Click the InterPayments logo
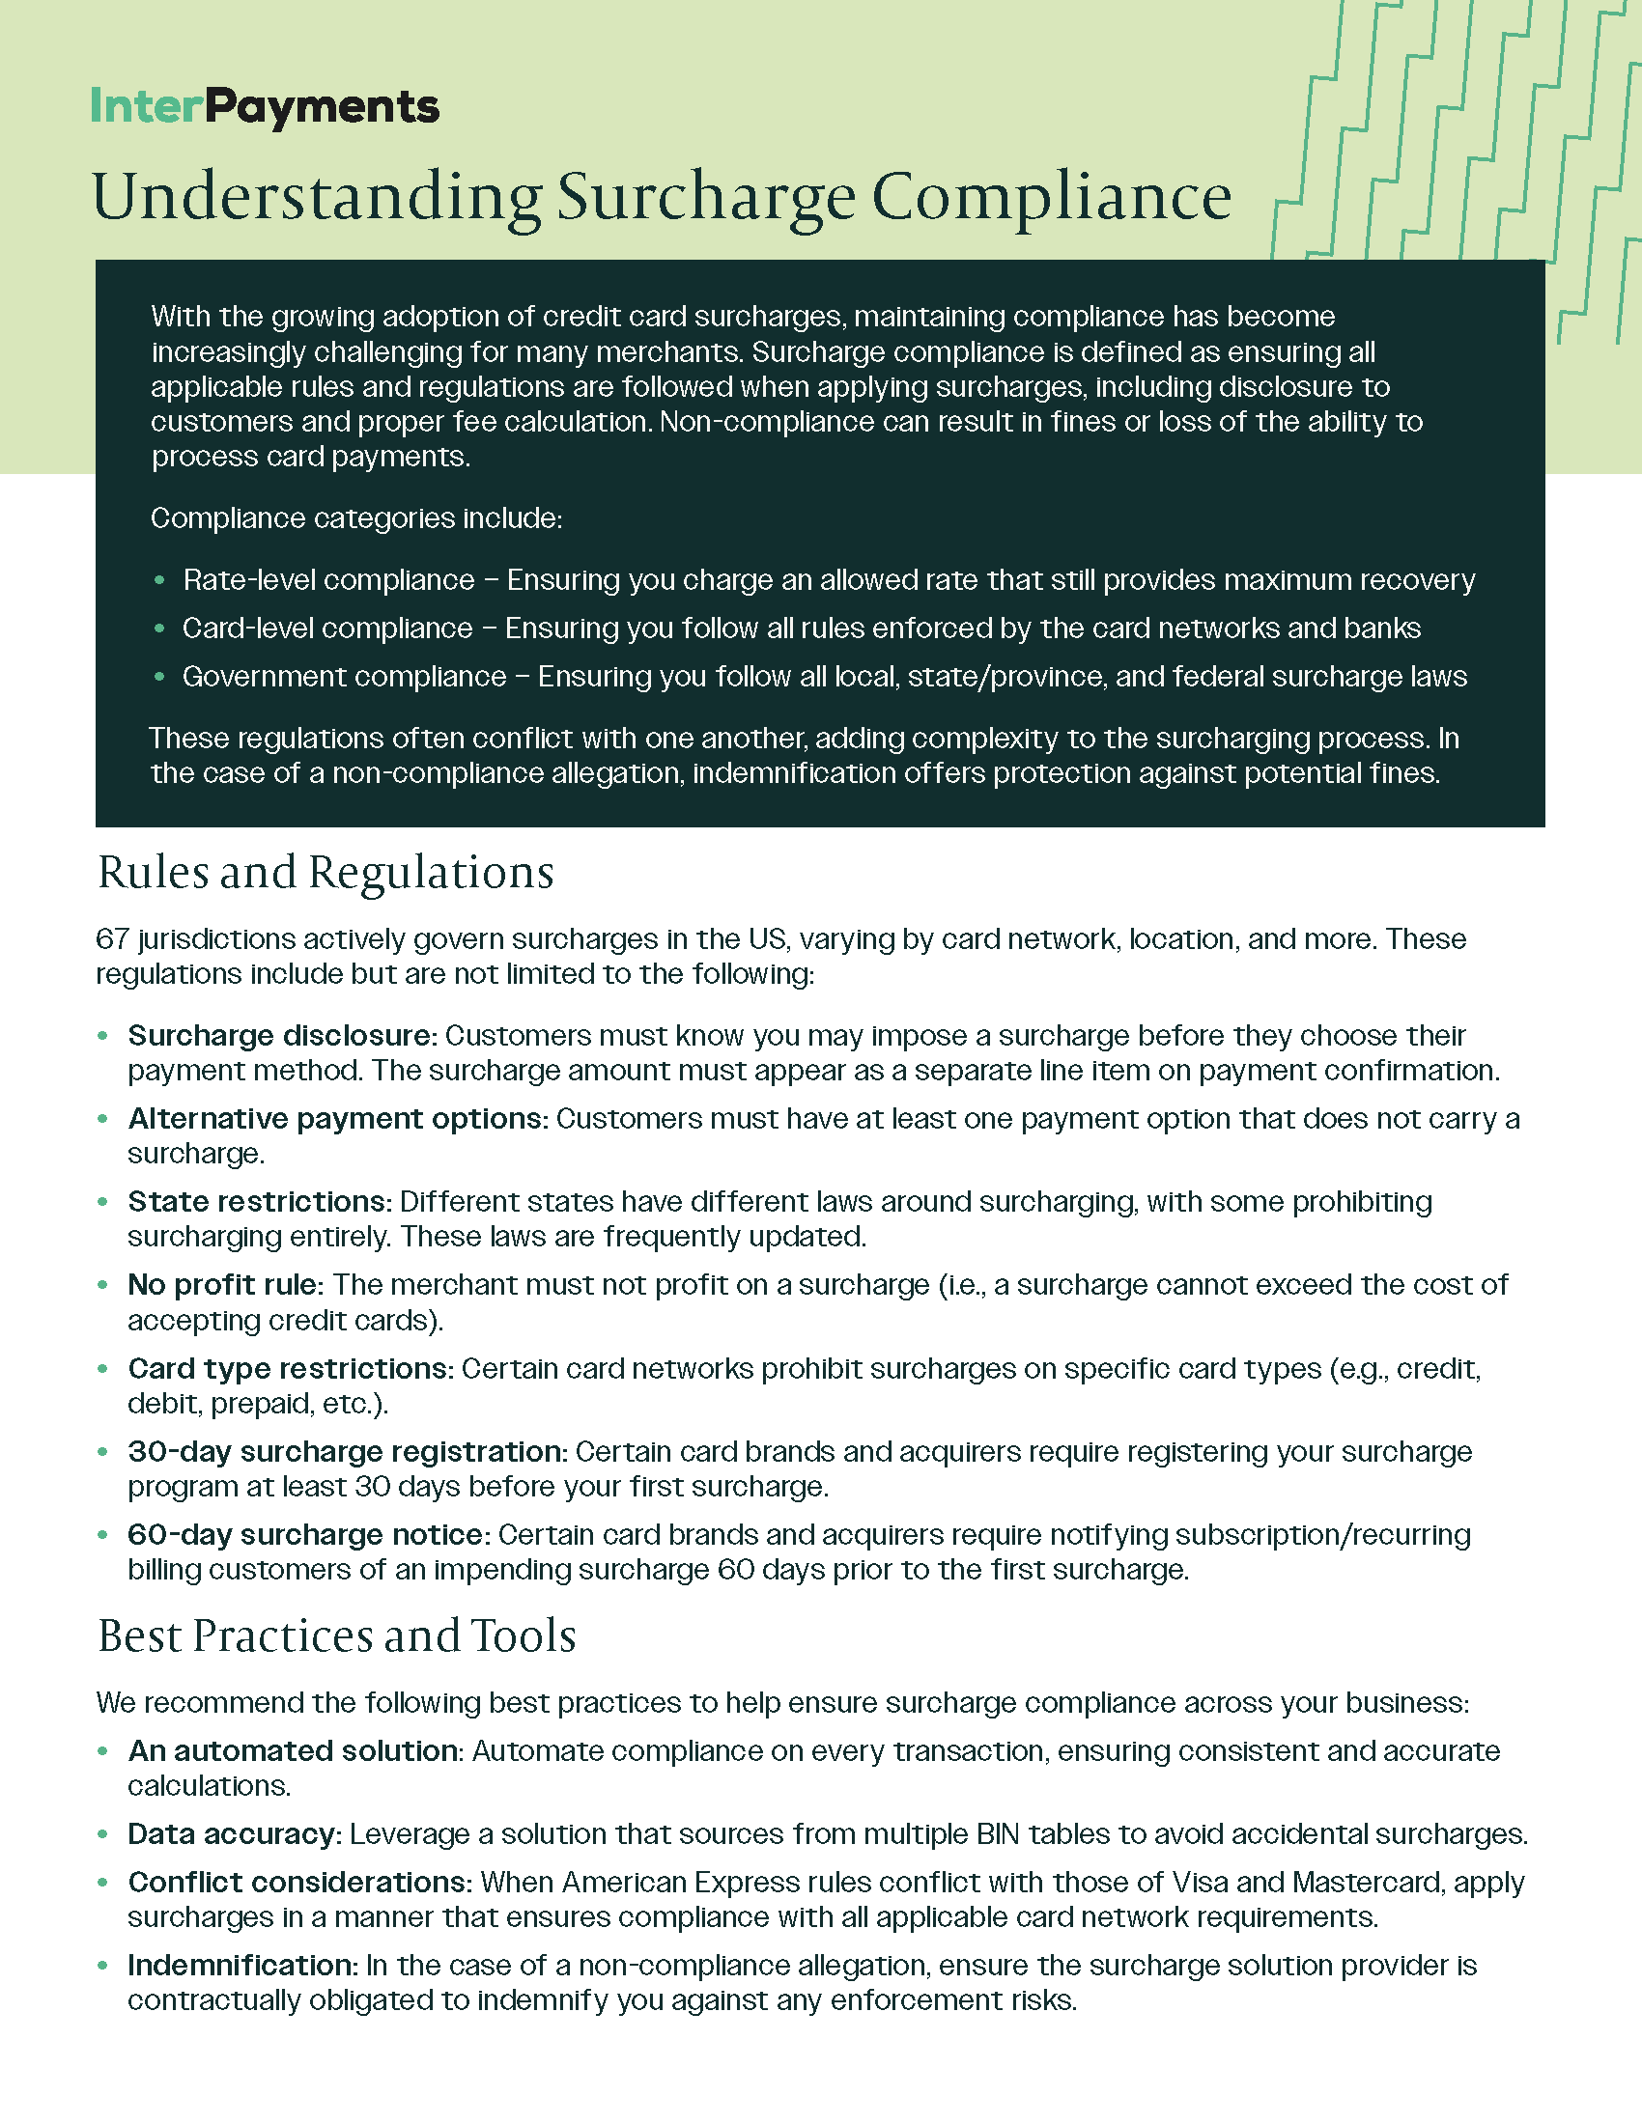click(265, 107)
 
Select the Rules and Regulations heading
click(325, 873)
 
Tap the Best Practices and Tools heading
click(336, 1635)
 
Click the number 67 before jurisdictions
click(113, 939)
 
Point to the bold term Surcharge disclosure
click(280, 1036)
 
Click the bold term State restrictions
click(259, 1202)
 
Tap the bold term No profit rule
click(225, 1286)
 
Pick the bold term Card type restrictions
click(291, 1369)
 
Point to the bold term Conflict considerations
click(299, 1883)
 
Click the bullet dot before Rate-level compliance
click(159, 580)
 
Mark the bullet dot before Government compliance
click(159, 677)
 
